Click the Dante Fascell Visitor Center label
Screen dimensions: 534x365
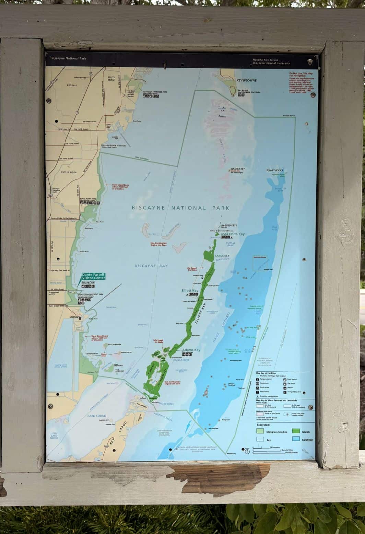[x=93, y=276]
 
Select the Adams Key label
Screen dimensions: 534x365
[x=191, y=350]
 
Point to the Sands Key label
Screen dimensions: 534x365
[x=222, y=256]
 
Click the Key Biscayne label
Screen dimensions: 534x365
[x=246, y=80]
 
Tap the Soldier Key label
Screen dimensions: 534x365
[x=237, y=169]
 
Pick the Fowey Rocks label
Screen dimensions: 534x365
[x=274, y=171]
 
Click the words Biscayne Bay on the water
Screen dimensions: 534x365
[x=151, y=266]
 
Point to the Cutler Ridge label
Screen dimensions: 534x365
[x=69, y=172]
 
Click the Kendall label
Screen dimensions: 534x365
[x=72, y=85]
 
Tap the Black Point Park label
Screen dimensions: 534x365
[x=88, y=199]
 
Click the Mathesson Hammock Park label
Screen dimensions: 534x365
[x=155, y=92]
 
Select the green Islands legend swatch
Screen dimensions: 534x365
[x=296, y=431]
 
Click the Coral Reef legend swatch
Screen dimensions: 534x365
[x=296, y=439]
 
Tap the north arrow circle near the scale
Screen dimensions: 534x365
[x=247, y=451]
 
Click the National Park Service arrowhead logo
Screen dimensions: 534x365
[x=310, y=61]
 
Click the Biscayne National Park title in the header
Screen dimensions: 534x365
[x=64, y=58]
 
